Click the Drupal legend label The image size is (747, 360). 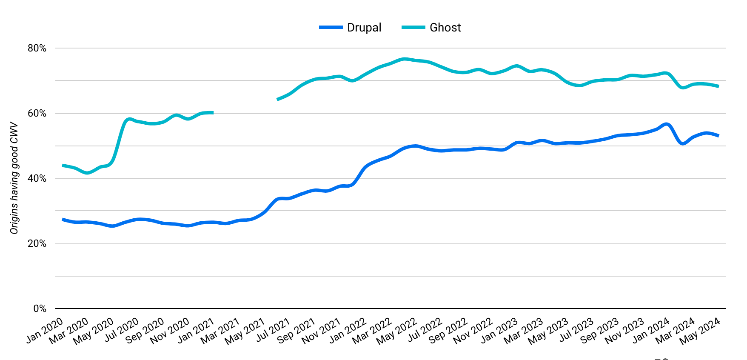(x=364, y=28)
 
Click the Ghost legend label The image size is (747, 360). (x=445, y=28)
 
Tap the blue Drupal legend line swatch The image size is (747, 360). (x=331, y=28)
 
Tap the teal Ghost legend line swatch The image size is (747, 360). (x=413, y=28)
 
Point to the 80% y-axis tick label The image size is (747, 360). (x=37, y=49)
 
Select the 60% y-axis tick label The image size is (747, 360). (x=37, y=114)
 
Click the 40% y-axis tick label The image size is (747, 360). (x=37, y=179)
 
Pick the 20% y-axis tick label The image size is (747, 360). (x=37, y=244)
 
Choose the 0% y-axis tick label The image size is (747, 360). (x=40, y=309)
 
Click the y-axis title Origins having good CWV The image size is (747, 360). (x=14, y=178)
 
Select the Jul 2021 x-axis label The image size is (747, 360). (x=273, y=330)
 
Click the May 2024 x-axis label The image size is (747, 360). (x=700, y=331)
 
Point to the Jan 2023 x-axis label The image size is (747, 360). (x=499, y=331)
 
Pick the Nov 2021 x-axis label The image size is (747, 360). (x=322, y=331)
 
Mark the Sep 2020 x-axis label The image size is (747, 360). (x=145, y=331)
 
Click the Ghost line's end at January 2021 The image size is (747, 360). (x=212, y=113)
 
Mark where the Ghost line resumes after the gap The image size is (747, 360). (x=278, y=100)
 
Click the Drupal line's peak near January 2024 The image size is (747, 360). (x=666, y=124)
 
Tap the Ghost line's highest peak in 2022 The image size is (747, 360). (x=404, y=59)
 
